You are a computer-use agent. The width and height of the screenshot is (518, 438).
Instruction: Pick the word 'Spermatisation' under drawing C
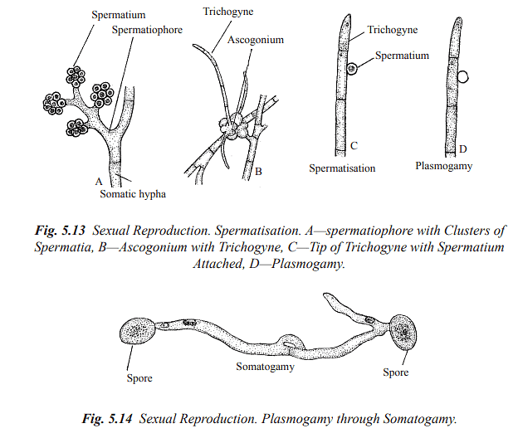point(343,168)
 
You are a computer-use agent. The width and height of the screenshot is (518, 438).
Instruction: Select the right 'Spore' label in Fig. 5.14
point(395,372)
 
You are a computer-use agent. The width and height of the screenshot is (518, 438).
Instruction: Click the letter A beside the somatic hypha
point(99,179)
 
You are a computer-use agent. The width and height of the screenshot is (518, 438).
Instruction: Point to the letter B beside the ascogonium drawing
point(258,173)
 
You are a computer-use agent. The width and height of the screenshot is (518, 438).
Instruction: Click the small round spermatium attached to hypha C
point(353,69)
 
